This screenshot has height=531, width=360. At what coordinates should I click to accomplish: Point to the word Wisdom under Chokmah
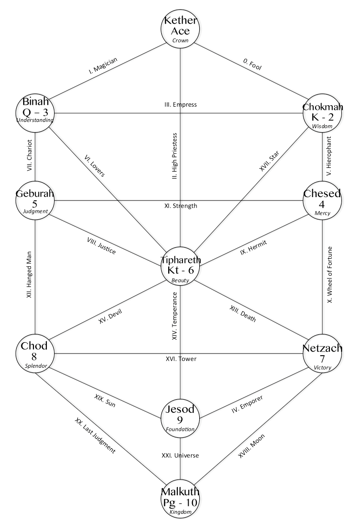(x=322, y=126)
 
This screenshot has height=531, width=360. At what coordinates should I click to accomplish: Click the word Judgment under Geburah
(x=35, y=211)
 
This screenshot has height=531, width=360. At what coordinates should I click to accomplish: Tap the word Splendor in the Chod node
(x=36, y=366)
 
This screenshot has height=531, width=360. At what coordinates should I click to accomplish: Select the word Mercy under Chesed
(x=322, y=213)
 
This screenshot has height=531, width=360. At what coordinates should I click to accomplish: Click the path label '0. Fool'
(x=253, y=64)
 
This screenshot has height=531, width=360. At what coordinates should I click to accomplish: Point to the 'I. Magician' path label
(x=103, y=65)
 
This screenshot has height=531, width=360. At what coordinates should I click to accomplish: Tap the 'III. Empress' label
(x=180, y=104)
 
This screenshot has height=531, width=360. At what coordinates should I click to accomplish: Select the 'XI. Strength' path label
(x=180, y=205)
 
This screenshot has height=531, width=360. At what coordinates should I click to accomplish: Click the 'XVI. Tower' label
(x=181, y=358)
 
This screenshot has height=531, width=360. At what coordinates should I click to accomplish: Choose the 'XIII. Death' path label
(x=243, y=313)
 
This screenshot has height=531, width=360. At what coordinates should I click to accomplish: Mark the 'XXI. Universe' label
(x=180, y=455)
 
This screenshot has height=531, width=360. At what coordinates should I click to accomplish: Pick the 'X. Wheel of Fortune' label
(x=330, y=275)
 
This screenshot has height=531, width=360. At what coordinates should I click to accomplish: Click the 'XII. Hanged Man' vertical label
(x=29, y=275)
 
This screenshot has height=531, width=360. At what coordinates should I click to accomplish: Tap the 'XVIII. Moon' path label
(x=252, y=446)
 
